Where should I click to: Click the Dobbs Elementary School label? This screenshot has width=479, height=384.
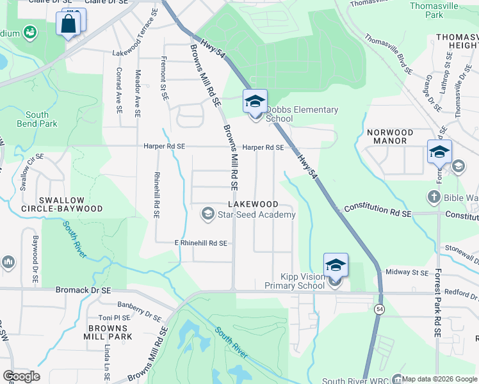pyautogui.click(x=302, y=114)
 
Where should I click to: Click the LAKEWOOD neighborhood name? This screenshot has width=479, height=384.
pyautogui.click(x=254, y=204)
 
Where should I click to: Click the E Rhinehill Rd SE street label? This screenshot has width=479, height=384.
pyautogui.click(x=201, y=243)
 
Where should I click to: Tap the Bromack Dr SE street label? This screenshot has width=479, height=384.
pyautogui.click(x=83, y=290)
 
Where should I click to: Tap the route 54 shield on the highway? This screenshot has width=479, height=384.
pyautogui.click(x=380, y=309)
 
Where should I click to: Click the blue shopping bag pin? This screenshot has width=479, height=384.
pyautogui.click(x=69, y=24)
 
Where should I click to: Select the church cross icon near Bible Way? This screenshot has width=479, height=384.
pyautogui.click(x=434, y=196)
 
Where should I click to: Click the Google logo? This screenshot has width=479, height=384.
pyautogui.click(x=22, y=376)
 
